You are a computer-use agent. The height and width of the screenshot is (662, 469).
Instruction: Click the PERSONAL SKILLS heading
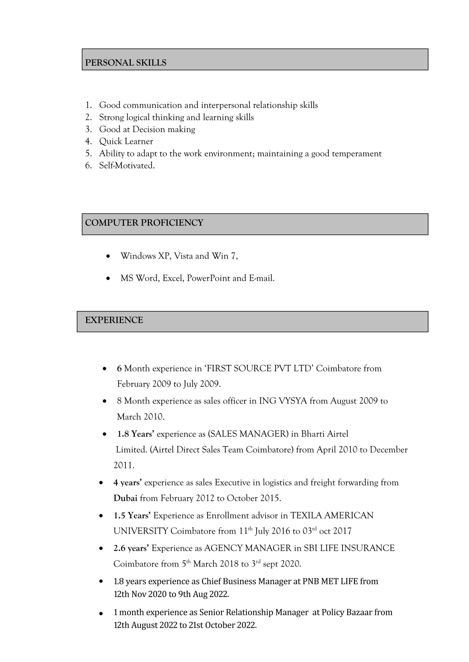125,63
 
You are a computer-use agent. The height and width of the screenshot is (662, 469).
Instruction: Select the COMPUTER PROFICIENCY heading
144,223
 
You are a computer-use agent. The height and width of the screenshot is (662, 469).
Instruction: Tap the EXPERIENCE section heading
114,320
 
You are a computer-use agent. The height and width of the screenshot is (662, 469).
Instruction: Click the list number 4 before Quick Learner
88,142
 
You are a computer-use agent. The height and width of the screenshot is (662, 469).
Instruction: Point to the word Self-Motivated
127,166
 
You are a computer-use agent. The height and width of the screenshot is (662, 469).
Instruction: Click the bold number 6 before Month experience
119,368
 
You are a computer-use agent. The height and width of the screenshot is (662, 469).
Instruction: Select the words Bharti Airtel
324,434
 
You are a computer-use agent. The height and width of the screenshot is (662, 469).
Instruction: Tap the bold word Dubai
125,498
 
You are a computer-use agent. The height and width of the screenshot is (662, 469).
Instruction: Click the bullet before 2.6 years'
101,548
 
